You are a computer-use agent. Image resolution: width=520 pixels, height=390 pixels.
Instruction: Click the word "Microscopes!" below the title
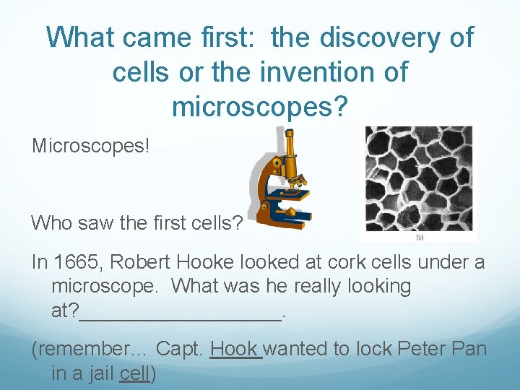coord(90,147)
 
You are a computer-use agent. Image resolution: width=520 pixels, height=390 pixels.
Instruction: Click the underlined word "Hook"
coord(234,350)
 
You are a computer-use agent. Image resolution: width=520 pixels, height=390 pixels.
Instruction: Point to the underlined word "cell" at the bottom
coord(134,373)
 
